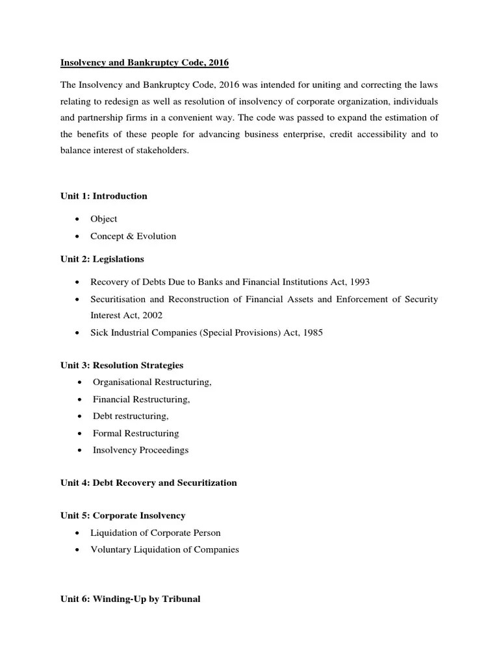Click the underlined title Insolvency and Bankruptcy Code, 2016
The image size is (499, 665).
(x=145, y=63)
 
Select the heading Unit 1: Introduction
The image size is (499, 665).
(x=104, y=196)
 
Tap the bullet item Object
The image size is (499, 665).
(x=104, y=219)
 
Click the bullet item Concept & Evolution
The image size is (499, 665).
(x=133, y=236)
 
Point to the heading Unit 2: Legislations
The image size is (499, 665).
(x=103, y=259)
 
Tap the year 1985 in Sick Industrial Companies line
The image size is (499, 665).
(x=311, y=332)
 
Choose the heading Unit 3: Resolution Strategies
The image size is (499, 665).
(x=122, y=366)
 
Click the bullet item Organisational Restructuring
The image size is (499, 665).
(x=152, y=383)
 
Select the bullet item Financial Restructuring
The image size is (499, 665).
(x=141, y=399)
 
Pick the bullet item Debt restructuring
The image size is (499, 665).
(x=131, y=416)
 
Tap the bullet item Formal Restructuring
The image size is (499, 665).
(x=136, y=433)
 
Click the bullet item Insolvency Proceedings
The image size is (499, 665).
(x=140, y=450)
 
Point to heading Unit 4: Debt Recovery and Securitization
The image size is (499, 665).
(x=149, y=483)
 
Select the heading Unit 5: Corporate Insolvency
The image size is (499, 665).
(x=123, y=516)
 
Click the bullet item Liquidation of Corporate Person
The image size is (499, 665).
(x=155, y=533)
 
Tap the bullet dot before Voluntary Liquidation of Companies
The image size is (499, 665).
(x=77, y=550)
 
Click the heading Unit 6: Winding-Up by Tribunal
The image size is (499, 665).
(x=131, y=599)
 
